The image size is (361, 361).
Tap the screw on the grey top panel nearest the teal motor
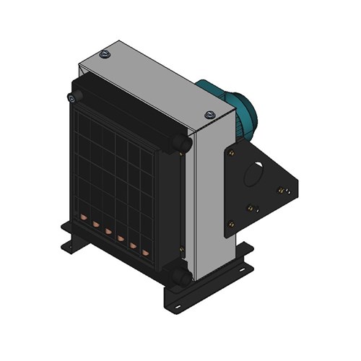pyautogui.click(x=209, y=114)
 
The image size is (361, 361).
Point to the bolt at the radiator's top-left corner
pyautogui.click(x=71, y=97)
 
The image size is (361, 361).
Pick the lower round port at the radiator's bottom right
pyautogui.click(x=183, y=277)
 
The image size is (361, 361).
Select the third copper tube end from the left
pyautogui.click(x=108, y=232)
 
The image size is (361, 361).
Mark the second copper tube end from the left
pyautogui.click(x=95, y=225)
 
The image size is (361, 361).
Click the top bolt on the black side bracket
pyautogui.click(x=231, y=152)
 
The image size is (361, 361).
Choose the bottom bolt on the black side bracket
pyautogui.click(x=230, y=223)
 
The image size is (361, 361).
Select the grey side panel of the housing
pyautogui.click(x=209, y=202)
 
